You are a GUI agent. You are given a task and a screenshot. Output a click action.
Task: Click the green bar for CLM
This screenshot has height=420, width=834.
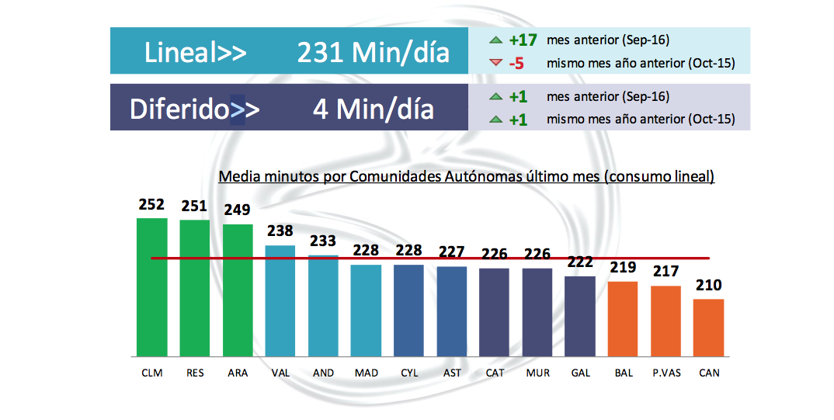tap(152, 286)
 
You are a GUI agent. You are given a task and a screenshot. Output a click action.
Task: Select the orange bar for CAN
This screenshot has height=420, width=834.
tap(708, 327)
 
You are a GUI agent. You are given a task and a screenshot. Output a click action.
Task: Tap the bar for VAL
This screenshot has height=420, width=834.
tap(280, 300)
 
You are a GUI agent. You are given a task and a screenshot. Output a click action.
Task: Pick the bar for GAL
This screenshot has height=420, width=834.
tap(579, 315)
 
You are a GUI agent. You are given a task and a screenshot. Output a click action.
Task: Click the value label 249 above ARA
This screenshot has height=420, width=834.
tap(237, 210)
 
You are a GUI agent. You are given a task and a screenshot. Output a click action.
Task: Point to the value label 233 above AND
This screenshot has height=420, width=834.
tap(323, 241)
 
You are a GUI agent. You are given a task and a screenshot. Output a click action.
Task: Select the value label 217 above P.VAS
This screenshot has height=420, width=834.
tap(665, 272)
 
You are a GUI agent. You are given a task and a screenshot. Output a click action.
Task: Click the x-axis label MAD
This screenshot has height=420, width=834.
tap(366, 373)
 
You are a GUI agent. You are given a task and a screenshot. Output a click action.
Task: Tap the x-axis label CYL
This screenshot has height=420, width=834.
tap(408, 373)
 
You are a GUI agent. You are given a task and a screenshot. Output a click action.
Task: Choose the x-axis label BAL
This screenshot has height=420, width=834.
tap(623, 373)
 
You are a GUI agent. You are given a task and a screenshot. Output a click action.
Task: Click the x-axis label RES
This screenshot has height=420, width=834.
tap(195, 373)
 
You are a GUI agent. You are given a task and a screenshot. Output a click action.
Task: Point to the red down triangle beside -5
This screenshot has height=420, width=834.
tap(495, 63)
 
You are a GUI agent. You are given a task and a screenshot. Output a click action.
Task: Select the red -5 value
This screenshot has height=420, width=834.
tap(516, 64)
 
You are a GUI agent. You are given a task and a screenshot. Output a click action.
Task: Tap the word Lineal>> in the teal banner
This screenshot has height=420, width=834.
tap(195, 53)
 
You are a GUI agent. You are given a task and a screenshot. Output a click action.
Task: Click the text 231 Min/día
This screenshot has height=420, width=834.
tap(374, 53)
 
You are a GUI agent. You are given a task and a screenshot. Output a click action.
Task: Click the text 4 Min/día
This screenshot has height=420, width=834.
tap(374, 109)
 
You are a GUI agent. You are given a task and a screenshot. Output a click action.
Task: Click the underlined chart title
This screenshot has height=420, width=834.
tap(466, 177)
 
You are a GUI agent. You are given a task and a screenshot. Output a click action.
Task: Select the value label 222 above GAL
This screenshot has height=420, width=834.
tap(579, 262)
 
